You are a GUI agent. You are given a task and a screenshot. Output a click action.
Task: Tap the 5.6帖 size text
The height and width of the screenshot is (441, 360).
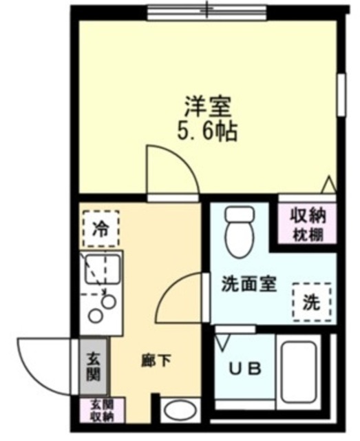tap(207, 131)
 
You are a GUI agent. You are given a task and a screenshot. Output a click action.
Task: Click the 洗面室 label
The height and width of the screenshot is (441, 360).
tap(248, 284)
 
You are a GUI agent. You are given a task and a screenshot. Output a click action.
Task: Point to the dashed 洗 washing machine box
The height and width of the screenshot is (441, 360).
tap(311, 301)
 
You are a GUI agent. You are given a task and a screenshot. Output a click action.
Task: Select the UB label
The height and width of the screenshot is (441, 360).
tap(245, 369)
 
